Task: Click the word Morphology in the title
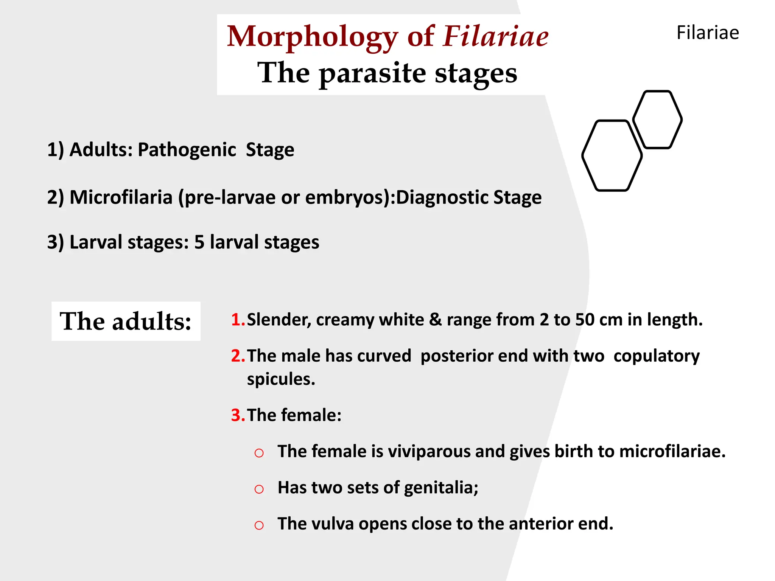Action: click(x=312, y=37)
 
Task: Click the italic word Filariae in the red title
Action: click(x=496, y=36)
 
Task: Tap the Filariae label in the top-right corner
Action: click(x=707, y=33)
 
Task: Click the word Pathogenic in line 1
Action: click(x=187, y=150)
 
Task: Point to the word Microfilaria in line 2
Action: click(x=121, y=197)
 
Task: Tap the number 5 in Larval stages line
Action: click(x=199, y=242)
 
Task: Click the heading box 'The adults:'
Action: click(x=126, y=321)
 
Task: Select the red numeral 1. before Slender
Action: click(x=238, y=320)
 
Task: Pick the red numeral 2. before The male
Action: click(x=238, y=356)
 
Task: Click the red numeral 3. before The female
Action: click(x=238, y=415)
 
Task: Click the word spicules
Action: click(x=280, y=379)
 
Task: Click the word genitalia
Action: click(x=440, y=488)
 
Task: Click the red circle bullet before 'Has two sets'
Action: click(x=259, y=489)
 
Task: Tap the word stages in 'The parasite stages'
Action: click(x=476, y=73)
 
